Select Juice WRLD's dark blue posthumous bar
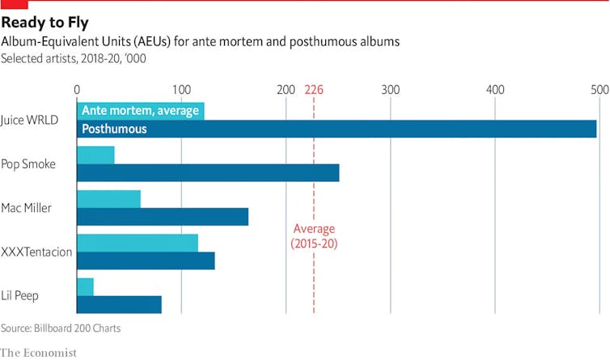point(337,129)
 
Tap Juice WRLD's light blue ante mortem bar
point(140,111)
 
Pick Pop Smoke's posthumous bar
point(208,172)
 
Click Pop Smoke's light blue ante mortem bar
point(95,155)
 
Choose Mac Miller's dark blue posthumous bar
point(162,217)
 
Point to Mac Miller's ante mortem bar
point(108,199)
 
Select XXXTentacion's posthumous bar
point(146,260)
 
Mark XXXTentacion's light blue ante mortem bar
point(138,243)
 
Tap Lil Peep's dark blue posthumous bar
point(119,304)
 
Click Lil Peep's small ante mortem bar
point(85,286)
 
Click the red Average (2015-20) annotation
point(314,235)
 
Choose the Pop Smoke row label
point(28,163)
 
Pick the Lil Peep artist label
point(21,295)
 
